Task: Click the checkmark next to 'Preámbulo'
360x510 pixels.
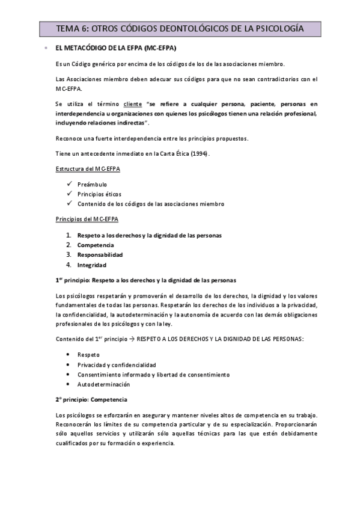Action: click(70, 183)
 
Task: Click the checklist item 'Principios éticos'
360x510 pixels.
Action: click(99, 194)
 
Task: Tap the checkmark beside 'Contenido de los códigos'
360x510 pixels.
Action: click(70, 204)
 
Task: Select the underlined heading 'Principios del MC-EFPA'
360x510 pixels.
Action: click(87, 219)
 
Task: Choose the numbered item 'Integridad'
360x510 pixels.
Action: click(91, 265)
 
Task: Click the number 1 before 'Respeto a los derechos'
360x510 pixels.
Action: click(69, 235)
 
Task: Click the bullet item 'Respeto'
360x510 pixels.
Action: click(88, 355)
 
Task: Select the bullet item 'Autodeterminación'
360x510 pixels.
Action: click(103, 384)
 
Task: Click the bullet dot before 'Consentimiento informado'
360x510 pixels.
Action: click(70, 375)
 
